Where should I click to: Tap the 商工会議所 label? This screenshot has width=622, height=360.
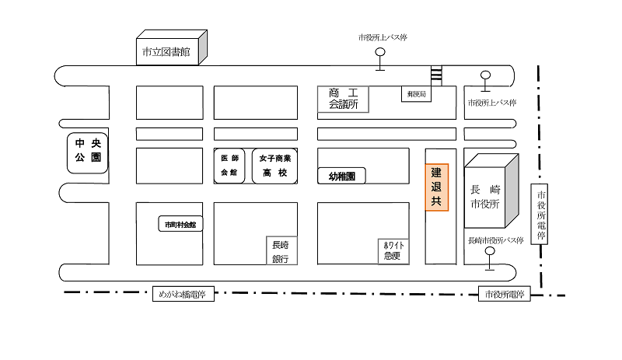342,98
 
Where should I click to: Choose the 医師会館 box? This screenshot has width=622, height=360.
229,165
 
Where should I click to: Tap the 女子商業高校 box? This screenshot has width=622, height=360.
274,165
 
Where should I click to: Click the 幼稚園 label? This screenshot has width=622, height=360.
342,177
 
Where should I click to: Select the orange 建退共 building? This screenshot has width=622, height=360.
436,187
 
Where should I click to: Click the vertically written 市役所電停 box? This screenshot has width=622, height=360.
541,215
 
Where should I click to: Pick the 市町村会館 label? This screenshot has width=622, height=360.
180,225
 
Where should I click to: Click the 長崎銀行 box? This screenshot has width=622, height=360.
281,250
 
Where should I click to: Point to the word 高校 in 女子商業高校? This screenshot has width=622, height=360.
274,173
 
